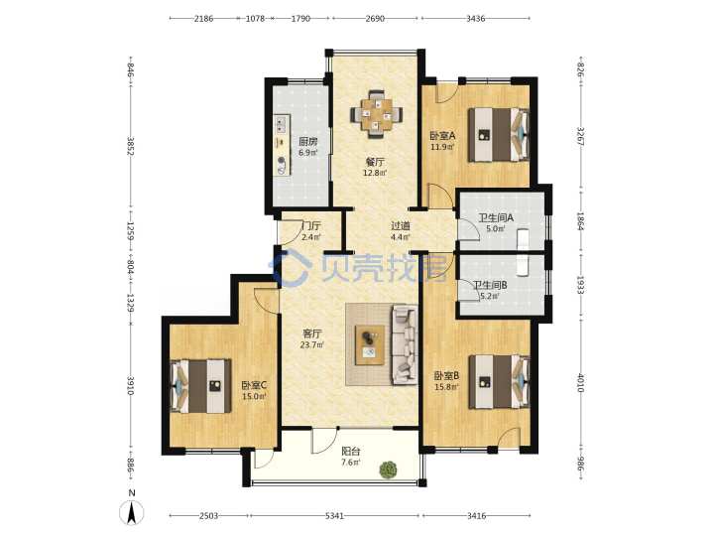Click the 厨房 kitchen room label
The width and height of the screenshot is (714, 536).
[308, 141]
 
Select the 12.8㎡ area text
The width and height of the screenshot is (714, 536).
[375, 173]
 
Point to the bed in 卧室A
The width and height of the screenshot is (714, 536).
[499, 134]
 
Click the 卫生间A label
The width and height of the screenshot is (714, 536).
[496, 217]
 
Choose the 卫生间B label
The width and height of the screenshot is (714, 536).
[490, 285]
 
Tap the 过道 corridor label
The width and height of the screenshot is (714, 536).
[401, 225]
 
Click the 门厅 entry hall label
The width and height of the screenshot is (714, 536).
[311, 225]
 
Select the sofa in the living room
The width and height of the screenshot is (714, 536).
[405, 345]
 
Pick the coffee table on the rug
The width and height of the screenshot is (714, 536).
[370, 345]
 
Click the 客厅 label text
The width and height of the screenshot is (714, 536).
[312, 335]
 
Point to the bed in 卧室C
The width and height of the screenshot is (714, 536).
[200, 386]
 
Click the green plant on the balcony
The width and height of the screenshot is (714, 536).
[388, 469]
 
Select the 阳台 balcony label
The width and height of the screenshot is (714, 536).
[351, 452]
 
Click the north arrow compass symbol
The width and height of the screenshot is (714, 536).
[132, 512]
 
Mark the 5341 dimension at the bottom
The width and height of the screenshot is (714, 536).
[335, 516]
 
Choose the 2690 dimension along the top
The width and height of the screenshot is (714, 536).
[375, 19]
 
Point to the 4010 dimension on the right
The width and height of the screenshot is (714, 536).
[580, 382]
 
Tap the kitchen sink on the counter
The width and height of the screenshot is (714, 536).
[282, 123]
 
